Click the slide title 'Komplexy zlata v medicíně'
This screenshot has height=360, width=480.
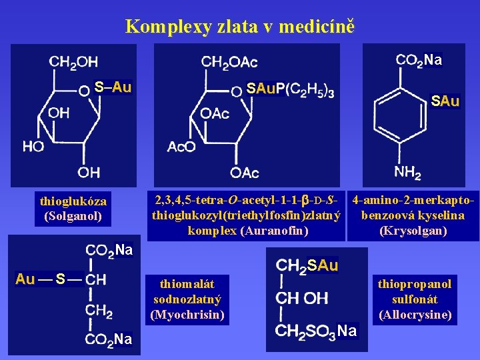pyautogui.click(x=240, y=27)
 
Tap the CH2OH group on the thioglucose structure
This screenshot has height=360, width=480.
pyautogui.click(x=73, y=63)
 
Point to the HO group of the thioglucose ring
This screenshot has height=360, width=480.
pyautogui.click(x=33, y=145)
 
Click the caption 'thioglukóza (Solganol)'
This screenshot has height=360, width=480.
pyautogui.click(x=73, y=208)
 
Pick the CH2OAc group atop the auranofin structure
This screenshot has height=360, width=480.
pyautogui.click(x=229, y=63)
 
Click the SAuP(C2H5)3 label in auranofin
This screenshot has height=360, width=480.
pyautogui.click(x=290, y=89)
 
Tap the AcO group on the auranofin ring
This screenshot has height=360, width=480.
pyautogui.click(x=181, y=146)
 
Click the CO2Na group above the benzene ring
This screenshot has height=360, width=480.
pyautogui.click(x=419, y=60)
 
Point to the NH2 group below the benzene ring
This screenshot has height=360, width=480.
pyautogui.click(x=407, y=173)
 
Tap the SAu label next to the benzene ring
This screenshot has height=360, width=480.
pyautogui.click(x=445, y=101)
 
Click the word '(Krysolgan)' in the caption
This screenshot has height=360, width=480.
pyautogui.click(x=413, y=231)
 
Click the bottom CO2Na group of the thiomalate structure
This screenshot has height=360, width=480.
pyautogui.click(x=109, y=339)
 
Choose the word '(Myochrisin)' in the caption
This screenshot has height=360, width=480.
pyautogui.click(x=187, y=314)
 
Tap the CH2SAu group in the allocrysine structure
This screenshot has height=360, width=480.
pyautogui.click(x=307, y=266)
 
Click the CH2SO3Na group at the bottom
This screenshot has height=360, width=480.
pyautogui.click(x=316, y=331)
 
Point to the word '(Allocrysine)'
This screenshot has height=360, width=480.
pyautogui.click(x=415, y=314)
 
